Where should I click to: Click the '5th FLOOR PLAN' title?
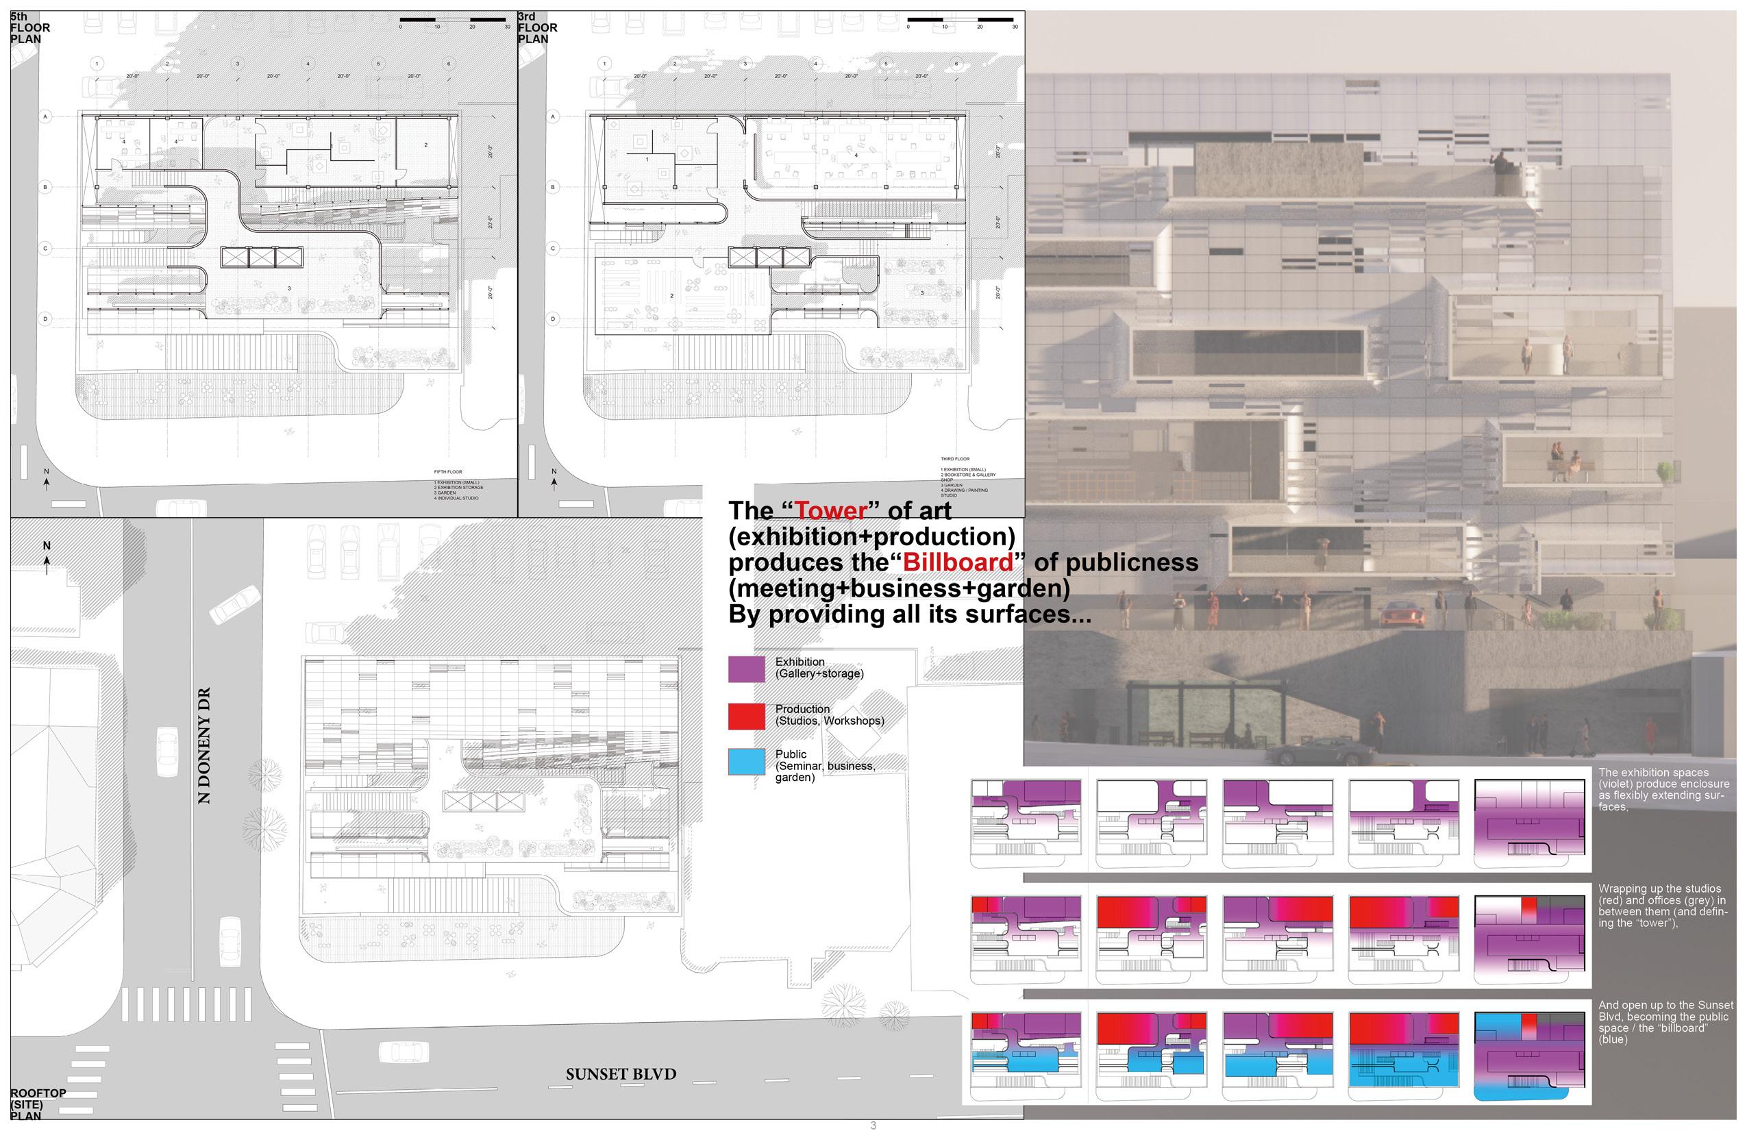click(x=30, y=28)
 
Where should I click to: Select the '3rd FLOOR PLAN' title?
click(x=537, y=28)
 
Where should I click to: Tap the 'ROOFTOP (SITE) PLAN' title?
click(x=37, y=1104)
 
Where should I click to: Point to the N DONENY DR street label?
click(x=204, y=745)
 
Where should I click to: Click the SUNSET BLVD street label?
click(x=620, y=1073)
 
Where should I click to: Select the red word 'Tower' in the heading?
click(x=832, y=511)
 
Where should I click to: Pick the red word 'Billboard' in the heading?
click(x=958, y=562)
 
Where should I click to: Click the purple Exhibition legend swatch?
click(x=746, y=669)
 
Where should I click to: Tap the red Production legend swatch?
click(x=746, y=716)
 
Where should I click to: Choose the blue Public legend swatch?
click(x=746, y=761)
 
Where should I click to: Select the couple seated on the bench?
click(x=1565, y=463)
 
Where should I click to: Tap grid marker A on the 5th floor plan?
click(x=45, y=116)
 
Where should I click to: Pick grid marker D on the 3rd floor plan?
click(x=554, y=319)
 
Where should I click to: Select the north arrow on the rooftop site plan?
click(x=47, y=558)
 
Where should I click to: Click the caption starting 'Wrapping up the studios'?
click(x=1663, y=906)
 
